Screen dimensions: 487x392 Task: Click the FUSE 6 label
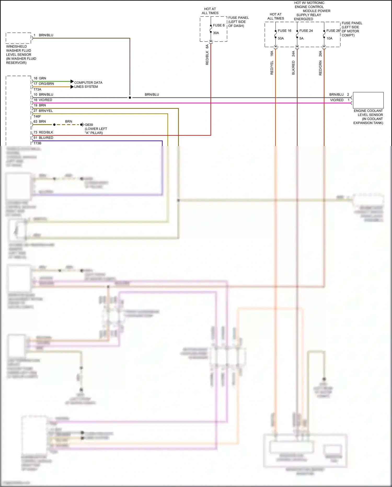[219, 25]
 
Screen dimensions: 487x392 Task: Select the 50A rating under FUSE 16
[281, 38]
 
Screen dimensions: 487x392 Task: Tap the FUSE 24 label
[306, 31]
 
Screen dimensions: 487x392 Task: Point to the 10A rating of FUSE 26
[329, 38]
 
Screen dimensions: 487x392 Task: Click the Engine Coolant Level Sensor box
[368, 100]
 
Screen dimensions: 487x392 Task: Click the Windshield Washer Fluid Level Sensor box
[19, 38]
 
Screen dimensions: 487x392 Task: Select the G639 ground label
[89, 125]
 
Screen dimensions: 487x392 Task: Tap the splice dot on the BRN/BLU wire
[130, 98]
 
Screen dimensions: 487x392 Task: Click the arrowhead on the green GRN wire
[72, 81]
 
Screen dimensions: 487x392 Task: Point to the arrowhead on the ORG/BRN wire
[72, 87]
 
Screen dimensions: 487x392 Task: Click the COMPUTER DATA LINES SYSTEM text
[88, 85]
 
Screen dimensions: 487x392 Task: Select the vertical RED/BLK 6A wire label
[207, 55]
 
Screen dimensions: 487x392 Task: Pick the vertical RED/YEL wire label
[272, 68]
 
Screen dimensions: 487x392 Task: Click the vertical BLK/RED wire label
[293, 68]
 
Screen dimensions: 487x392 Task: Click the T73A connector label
[37, 89]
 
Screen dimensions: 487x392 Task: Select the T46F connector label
[37, 116]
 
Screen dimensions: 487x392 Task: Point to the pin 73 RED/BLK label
[43, 132]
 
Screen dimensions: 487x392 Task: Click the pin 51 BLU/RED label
[43, 138]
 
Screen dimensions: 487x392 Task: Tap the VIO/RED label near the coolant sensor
[337, 100]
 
